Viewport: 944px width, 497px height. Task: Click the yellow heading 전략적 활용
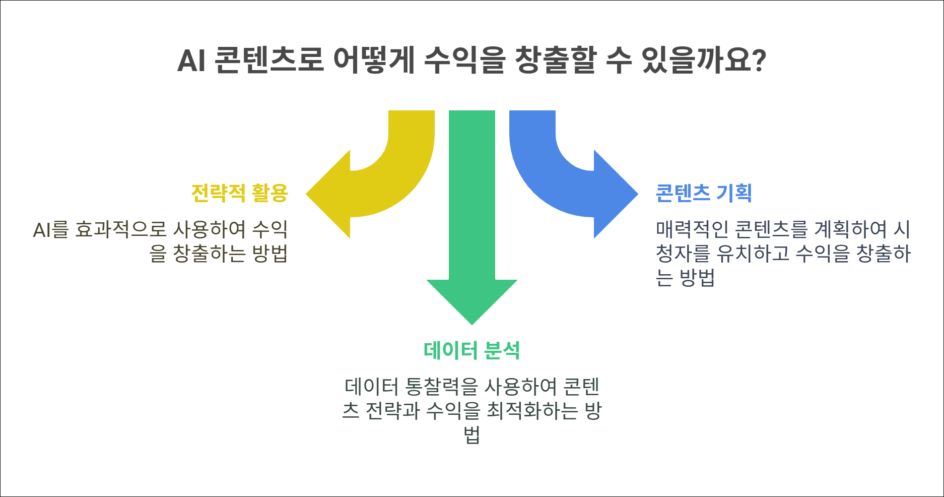239,193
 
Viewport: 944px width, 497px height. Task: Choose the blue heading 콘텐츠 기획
704,193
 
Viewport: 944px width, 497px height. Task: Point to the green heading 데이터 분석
471,350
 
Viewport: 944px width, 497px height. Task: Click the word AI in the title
191,60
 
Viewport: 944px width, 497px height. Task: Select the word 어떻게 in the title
374,60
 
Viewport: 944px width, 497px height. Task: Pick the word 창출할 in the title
555,60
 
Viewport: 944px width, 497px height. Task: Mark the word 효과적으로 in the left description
120,230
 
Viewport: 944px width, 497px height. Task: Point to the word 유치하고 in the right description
753,253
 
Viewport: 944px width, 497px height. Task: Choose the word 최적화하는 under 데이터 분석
532,411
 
